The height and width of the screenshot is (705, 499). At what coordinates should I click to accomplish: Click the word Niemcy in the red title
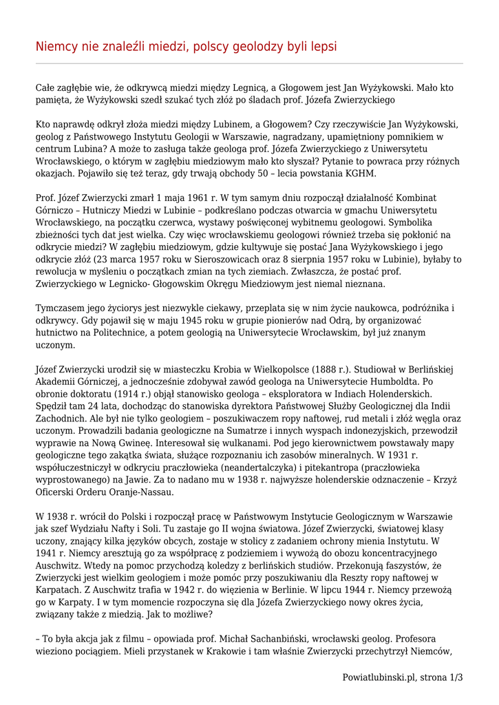[x=57, y=46]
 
